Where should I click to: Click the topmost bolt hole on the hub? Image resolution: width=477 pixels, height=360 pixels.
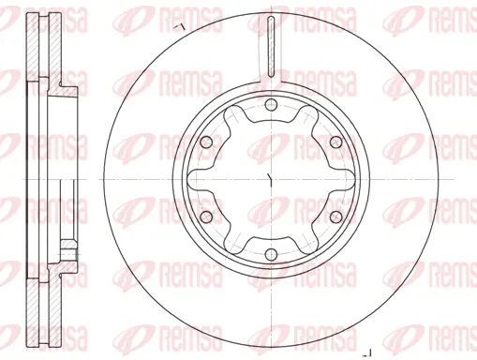(x=269, y=104)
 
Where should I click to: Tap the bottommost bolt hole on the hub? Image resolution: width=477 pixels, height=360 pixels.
(x=269, y=253)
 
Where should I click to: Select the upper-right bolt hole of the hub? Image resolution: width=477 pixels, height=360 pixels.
(x=333, y=141)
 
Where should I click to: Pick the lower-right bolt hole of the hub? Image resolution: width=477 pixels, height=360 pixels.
(x=333, y=216)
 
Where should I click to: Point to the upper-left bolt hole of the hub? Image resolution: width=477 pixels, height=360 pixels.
(x=204, y=141)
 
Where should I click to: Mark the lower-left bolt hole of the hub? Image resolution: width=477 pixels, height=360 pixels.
(x=204, y=216)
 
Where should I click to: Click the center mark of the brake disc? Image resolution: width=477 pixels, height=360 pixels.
(x=269, y=178)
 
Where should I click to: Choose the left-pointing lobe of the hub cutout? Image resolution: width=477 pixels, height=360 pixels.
(x=200, y=178)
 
